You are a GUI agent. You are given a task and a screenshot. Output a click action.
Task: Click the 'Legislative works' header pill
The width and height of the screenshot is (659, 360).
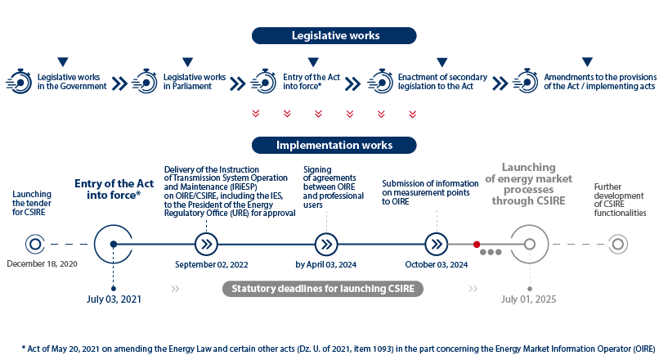point(334,36)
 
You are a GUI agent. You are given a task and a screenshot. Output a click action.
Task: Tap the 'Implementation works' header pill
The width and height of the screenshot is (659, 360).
point(334,145)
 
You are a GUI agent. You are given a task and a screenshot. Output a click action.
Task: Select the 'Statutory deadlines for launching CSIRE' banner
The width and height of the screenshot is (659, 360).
point(323,289)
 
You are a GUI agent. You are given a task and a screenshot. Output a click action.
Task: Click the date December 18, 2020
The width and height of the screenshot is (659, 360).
point(42,264)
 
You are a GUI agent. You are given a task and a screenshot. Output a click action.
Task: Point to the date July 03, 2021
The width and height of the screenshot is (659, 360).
point(114,299)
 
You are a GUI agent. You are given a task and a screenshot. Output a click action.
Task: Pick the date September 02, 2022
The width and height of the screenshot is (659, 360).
point(212,264)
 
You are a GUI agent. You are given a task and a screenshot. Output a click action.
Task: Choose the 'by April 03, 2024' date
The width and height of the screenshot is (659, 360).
point(325,264)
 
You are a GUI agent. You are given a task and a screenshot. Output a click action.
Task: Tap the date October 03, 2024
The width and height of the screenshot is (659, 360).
point(437,264)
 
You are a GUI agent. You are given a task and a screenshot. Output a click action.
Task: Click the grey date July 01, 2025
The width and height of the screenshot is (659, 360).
point(529,299)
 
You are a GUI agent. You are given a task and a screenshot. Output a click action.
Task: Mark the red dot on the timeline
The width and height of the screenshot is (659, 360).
point(477,245)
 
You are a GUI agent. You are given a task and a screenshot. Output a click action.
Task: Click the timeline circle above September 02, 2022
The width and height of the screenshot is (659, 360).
point(206,245)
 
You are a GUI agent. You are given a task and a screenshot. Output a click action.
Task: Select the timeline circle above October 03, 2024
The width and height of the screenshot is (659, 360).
point(437,245)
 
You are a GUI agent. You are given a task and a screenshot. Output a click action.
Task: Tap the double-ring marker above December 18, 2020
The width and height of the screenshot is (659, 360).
point(35,245)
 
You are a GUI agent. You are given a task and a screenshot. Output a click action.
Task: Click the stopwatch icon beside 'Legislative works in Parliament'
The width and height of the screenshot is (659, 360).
point(145,82)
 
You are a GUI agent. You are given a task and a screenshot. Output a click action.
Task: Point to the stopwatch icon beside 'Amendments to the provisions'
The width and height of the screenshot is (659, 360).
point(526,81)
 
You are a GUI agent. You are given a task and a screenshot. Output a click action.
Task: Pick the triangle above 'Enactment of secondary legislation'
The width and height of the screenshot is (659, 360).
point(442,62)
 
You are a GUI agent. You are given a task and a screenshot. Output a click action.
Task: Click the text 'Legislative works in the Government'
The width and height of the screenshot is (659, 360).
point(72,82)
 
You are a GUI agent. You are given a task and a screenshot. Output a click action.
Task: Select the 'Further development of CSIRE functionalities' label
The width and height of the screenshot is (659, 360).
point(620,200)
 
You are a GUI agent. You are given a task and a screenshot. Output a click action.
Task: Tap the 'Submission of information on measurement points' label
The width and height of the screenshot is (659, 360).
point(430,192)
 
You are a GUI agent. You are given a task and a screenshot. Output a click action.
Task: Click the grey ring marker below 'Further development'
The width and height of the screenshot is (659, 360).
point(618,245)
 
